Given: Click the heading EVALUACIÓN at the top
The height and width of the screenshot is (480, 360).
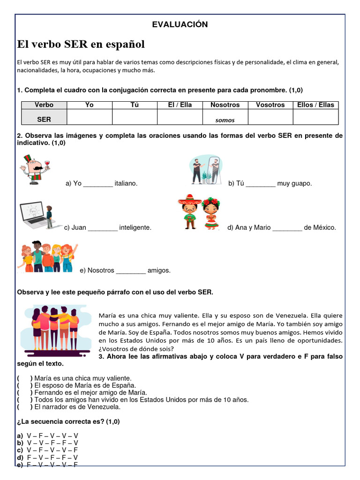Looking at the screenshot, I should pos(180,25).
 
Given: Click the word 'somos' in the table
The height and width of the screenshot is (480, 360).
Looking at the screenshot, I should pos(225,120).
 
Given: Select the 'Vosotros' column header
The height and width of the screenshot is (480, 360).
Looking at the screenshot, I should pos(270,105).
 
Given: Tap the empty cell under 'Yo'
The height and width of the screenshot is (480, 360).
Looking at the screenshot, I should pos(90,117).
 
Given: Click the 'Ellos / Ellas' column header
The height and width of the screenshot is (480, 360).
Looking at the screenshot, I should pos(315,105).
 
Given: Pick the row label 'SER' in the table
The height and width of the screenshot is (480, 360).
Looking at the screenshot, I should pos(44,120).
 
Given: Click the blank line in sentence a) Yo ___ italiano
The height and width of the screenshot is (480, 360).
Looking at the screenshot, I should pos(98,184).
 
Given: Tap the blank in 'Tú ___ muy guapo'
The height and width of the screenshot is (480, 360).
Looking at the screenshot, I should pos(260,184).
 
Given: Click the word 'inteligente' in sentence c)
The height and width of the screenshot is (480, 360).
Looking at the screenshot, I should pos(135,228).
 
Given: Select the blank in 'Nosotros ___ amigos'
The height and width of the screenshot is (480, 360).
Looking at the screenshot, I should pos(131,270).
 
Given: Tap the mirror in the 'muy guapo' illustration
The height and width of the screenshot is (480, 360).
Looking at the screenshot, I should pos(214,169).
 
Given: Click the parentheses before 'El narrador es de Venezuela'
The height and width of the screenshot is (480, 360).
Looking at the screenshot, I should pos(24,407).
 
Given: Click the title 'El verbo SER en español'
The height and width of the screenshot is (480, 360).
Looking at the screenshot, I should pos(81,45).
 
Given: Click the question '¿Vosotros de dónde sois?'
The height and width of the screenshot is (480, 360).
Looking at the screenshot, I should pos(136,349).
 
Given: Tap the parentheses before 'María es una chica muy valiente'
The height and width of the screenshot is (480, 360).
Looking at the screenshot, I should pos(24,378).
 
